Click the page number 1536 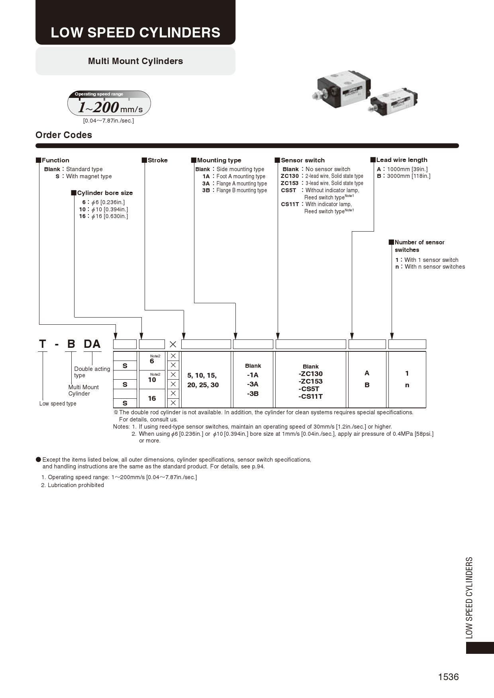point(448,677)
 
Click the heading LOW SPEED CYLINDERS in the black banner point(135,32)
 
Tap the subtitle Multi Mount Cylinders point(135,61)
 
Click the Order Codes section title point(64,135)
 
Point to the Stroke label point(157,160)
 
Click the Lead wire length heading point(402,160)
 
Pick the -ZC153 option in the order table point(310,381)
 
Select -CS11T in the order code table point(310,396)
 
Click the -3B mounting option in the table point(253,394)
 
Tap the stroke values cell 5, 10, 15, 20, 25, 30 point(203,380)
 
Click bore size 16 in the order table point(152,398)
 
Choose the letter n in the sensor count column point(407,385)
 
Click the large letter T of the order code point(43,344)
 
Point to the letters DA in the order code point(92,344)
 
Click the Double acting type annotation point(92,372)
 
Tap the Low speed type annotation point(58,404)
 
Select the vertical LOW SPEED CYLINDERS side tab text point(470,597)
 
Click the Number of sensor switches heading point(419,246)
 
